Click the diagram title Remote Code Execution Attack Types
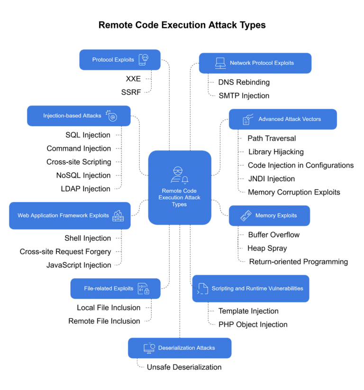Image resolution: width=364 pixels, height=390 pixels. coord(182,25)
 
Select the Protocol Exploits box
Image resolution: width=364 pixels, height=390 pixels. coord(120,60)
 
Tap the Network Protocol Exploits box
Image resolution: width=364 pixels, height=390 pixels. coord(255,63)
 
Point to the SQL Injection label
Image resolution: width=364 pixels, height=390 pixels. coord(88,135)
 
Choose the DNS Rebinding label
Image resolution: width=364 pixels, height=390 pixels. coord(244,82)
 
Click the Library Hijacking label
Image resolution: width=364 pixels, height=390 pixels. coord(276,152)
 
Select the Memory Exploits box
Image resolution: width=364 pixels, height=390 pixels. coord(269,215)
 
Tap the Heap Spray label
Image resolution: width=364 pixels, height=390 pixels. coord(268,248)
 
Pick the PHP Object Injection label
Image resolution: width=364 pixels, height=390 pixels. coord(253,325)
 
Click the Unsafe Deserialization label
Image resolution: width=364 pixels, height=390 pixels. coord(184,367)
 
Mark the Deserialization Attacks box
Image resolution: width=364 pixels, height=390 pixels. coord(180,348)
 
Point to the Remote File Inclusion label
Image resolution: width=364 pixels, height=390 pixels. coord(104,321)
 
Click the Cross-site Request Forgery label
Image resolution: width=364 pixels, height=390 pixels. coord(65,251)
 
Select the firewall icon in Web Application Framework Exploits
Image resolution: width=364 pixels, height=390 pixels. coord(118,215)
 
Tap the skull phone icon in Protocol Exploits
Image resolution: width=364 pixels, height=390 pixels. coord(143,60)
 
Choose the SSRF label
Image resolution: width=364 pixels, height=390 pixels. coord(131,92)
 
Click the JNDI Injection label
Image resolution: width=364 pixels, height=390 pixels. coord(272,179)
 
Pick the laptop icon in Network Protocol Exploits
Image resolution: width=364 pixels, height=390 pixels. coord(220,63)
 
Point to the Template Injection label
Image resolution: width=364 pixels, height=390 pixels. coord(248,311)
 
